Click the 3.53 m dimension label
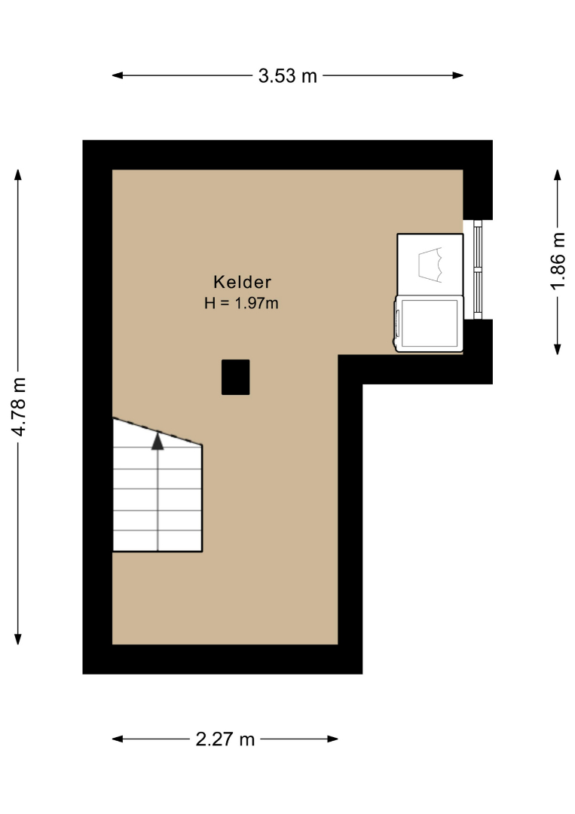click(288, 76)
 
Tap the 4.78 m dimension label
click(19, 407)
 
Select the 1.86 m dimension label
click(558, 261)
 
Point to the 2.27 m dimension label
click(225, 739)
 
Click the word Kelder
click(243, 282)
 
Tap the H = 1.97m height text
click(241, 303)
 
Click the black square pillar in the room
click(236, 377)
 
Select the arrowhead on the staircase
click(158, 441)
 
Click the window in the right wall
click(478, 269)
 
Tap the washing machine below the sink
click(429, 323)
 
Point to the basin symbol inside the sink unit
click(430, 265)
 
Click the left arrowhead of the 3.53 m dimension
click(118, 75)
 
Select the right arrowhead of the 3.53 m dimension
click(457, 75)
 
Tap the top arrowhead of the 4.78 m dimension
click(18, 175)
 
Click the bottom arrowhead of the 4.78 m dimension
click(18, 639)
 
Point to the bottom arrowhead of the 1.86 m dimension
click(558, 350)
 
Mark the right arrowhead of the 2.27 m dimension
click(332, 739)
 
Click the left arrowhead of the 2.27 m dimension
click(118, 739)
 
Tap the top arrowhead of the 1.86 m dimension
click(558, 175)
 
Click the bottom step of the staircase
click(158, 541)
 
